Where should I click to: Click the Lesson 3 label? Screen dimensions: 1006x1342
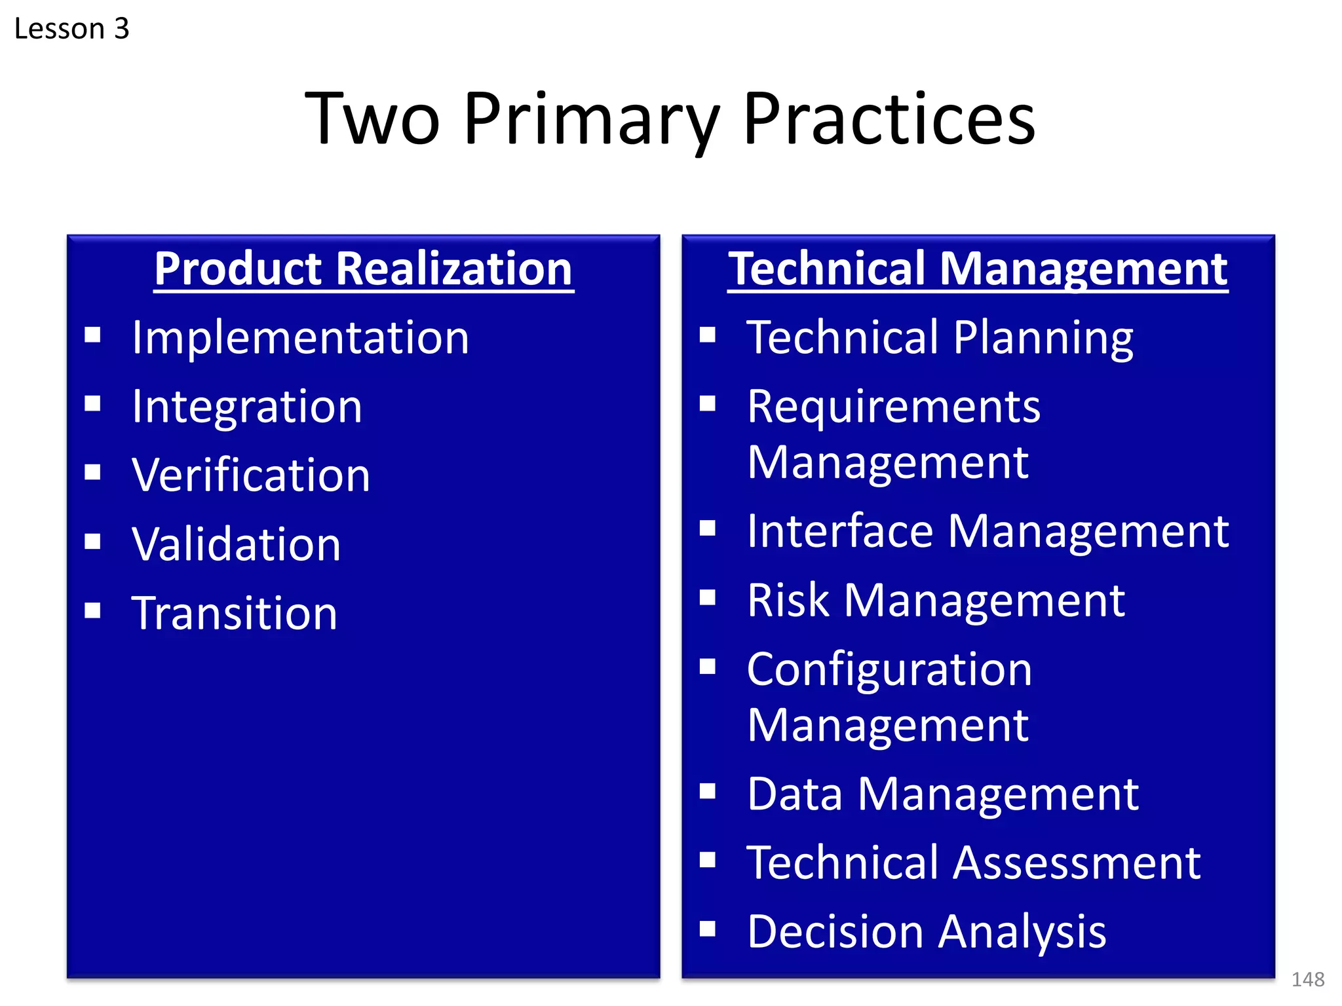[x=71, y=29]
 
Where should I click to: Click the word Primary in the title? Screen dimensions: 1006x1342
[x=591, y=120]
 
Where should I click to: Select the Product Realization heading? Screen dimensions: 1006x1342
[x=364, y=269]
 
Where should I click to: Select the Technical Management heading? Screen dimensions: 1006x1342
[x=978, y=269]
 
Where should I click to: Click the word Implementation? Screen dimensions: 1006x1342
[x=300, y=338]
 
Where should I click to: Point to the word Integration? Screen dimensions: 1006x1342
[x=246, y=407]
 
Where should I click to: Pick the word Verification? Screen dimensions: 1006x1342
[x=251, y=475]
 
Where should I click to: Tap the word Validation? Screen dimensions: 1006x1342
[x=236, y=544]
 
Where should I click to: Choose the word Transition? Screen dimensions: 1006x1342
[x=234, y=614]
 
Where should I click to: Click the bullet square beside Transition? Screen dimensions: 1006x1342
[x=92, y=610]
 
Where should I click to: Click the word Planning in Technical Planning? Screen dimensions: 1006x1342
[x=1043, y=338]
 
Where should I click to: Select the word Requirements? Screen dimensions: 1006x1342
[x=893, y=407]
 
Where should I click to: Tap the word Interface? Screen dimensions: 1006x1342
[x=839, y=531]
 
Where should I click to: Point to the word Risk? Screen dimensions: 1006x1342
[x=788, y=600]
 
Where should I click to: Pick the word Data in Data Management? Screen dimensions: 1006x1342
[x=794, y=794]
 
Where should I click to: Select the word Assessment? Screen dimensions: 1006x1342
[x=1076, y=863]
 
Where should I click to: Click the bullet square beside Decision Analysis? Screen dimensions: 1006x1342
[x=707, y=929]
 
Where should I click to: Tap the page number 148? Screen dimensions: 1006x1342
[x=1307, y=980]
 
